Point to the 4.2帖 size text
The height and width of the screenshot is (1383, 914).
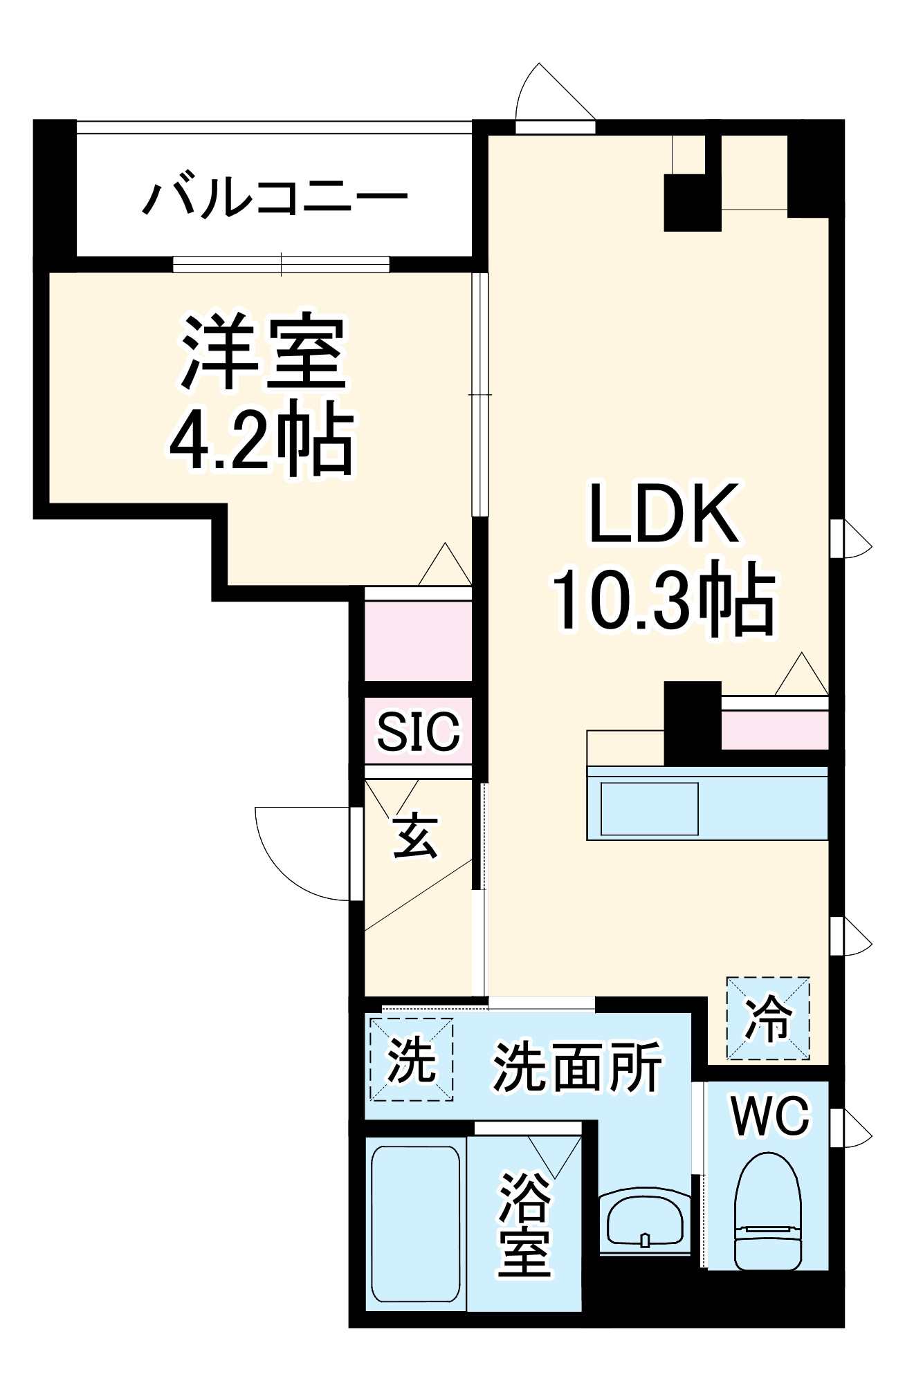(x=262, y=438)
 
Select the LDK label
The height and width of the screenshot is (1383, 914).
(x=663, y=514)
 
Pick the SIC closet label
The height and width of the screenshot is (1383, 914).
(x=418, y=732)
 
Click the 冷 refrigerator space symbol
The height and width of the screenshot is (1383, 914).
(x=767, y=1018)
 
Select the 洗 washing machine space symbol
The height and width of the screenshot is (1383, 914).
(x=411, y=1059)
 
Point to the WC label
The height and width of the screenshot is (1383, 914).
(x=770, y=1115)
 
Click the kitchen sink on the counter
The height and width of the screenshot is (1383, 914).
(x=649, y=808)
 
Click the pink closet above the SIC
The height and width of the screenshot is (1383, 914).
(x=418, y=640)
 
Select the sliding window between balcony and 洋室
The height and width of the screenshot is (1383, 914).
(x=281, y=264)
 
